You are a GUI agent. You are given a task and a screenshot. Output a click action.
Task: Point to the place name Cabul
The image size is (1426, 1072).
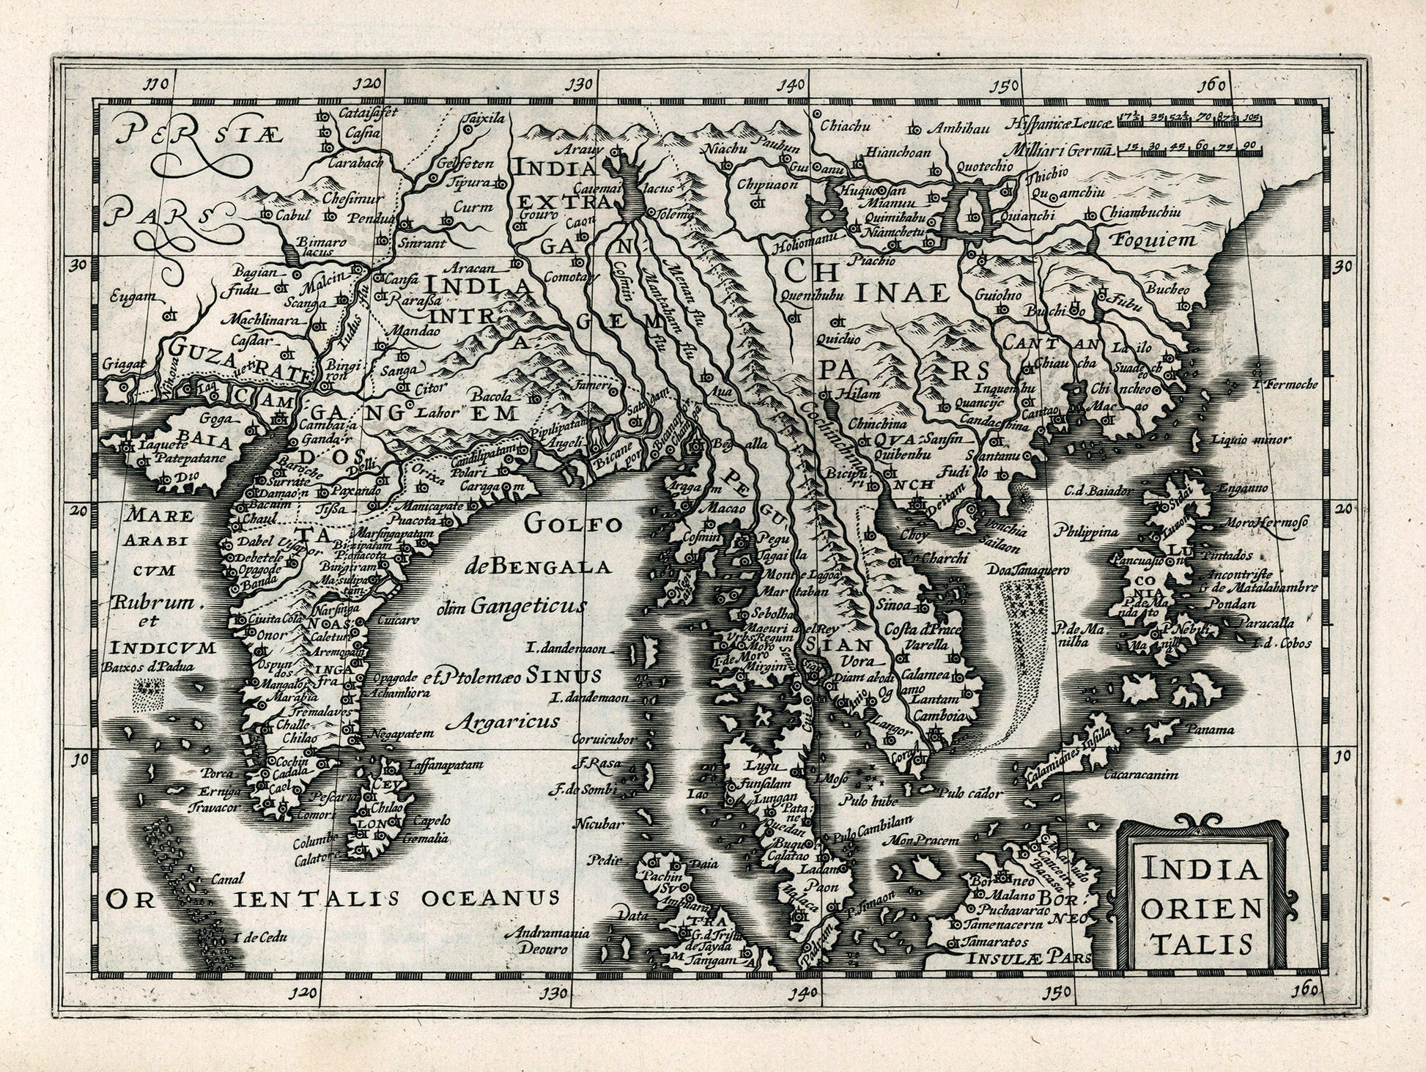294,215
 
